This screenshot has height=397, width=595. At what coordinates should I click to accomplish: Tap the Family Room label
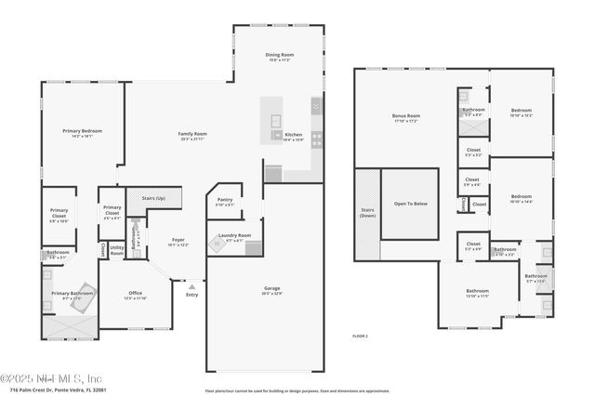coord(192,135)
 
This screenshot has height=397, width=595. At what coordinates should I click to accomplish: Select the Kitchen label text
coord(293,136)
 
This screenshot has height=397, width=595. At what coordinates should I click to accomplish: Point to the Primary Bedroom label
coord(82,132)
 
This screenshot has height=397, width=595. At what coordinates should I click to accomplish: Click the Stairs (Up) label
coord(153,198)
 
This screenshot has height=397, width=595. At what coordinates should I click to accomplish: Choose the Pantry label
coord(225,200)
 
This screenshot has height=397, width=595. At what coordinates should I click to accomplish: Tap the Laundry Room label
coord(234,236)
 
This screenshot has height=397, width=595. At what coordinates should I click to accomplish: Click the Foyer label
coord(178,241)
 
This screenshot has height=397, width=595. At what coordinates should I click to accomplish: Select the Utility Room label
coord(117,249)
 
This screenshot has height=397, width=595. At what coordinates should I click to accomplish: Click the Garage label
coord(271,289)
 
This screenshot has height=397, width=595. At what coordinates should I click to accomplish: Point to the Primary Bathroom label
coord(72,295)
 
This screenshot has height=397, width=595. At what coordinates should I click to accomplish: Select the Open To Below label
coord(410,203)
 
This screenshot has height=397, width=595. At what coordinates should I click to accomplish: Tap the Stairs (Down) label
coord(367,213)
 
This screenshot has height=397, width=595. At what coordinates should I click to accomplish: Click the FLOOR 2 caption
coord(360,335)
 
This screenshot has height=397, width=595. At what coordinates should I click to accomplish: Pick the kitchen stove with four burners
coord(316,139)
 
